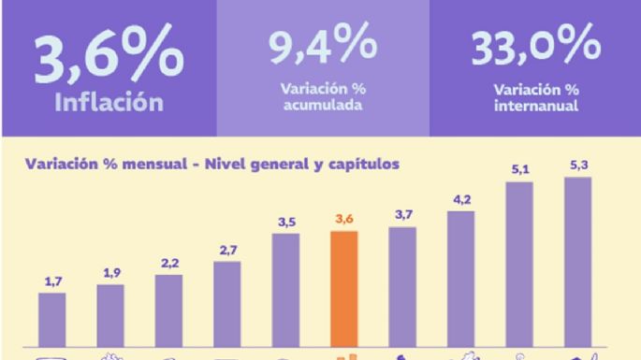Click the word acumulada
tap(322, 103)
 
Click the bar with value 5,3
tap(577, 261)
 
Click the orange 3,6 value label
tap(344, 221)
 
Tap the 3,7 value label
tap(402, 217)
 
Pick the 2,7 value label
tap(227, 251)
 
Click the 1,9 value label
tap(110, 274)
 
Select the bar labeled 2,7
tap(227, 304)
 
